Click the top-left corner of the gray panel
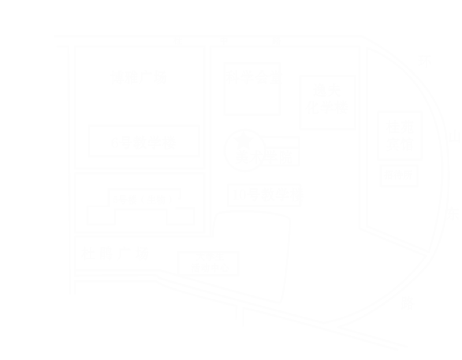click(55, 35)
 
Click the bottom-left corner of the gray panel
click(55, 350)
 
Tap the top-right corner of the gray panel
click(460, 35)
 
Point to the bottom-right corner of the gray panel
click(460, 350)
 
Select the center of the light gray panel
click(258, 193)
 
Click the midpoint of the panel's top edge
click(258, 35)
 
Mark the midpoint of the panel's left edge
click(55, 193)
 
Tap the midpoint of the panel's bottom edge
click(258, 350)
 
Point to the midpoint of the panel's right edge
click(460, 193)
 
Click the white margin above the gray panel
click(258, 17)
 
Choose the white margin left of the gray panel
click(27, 193)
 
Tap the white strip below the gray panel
click(258, 356)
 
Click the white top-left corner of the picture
click(1, 1)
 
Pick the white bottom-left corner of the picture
click(1, 358)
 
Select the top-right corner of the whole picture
click(460, 1)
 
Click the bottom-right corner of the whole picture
click(460, 358)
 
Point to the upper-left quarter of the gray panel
click(156, 114)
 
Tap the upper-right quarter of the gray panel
click(359, 114)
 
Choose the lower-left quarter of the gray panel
click(156, 272)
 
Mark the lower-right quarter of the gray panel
click(359, 272)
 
